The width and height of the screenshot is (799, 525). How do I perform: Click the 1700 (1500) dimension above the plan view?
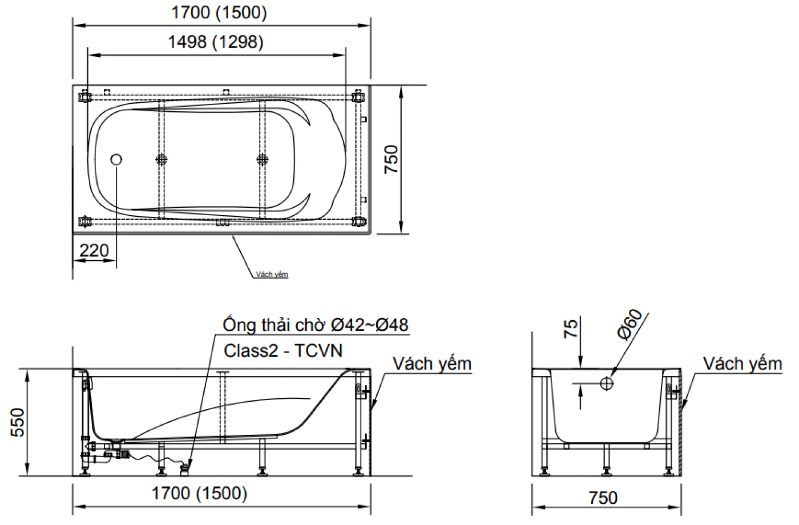[219, 13]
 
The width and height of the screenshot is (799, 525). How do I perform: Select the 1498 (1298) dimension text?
[216, 42]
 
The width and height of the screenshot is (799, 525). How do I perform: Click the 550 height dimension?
[18, 422]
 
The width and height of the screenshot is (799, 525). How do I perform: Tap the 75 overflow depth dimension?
[570, 329]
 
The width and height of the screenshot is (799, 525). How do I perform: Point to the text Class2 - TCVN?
[283, 350]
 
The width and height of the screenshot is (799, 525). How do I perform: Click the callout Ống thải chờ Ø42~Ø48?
[316, 325]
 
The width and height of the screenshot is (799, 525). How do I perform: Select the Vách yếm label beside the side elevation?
[432, 364]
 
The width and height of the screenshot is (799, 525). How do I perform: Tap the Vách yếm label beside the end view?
[742, 364]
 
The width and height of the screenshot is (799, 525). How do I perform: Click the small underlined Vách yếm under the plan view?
[272, 274]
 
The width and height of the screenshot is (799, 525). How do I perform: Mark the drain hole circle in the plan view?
[116, 160]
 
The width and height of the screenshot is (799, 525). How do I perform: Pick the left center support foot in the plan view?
[162, 159]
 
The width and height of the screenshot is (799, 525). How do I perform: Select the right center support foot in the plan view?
[262, 159]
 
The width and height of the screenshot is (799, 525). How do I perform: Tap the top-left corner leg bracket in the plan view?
[86, 96]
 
